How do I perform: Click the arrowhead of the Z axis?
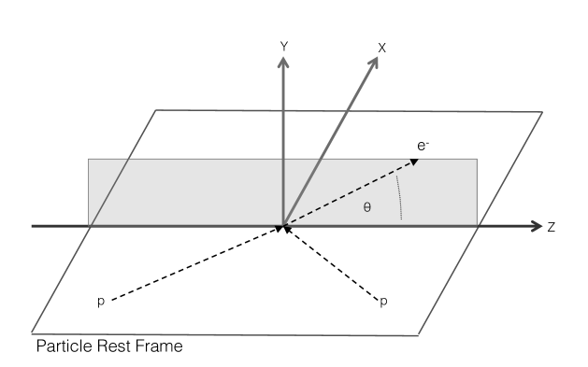pos(537,226)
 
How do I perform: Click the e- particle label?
pos(423,146)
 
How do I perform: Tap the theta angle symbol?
pos(366,208)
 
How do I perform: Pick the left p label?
pos(99,302)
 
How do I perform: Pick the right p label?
pos(383,302)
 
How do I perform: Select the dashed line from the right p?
pos(332,264)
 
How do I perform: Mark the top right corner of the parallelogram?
pos(541,113)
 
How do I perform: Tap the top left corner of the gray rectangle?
pos(89,160)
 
